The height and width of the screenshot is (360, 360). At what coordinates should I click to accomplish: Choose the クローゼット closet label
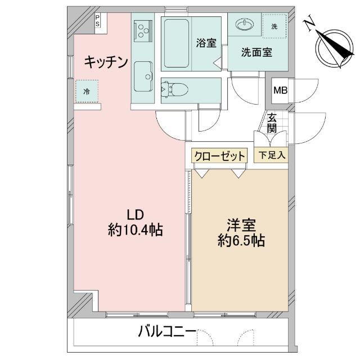220,155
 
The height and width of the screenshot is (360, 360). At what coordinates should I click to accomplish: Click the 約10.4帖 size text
136,230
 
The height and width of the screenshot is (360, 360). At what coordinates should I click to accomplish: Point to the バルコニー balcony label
167,332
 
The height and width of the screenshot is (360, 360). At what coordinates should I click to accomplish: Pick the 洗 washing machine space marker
274,26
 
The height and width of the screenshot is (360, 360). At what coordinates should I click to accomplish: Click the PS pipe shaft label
98,22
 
